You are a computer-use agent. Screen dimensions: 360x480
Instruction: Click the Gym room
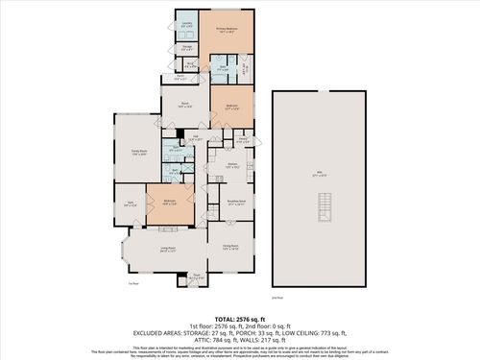[131, 204]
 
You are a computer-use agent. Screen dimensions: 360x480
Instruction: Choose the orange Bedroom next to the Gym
[169, 203]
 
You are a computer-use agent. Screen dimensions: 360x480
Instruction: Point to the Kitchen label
[231, 165]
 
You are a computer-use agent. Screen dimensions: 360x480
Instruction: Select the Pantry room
[244, 140]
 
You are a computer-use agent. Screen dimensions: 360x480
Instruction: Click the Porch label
[180, 77]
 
